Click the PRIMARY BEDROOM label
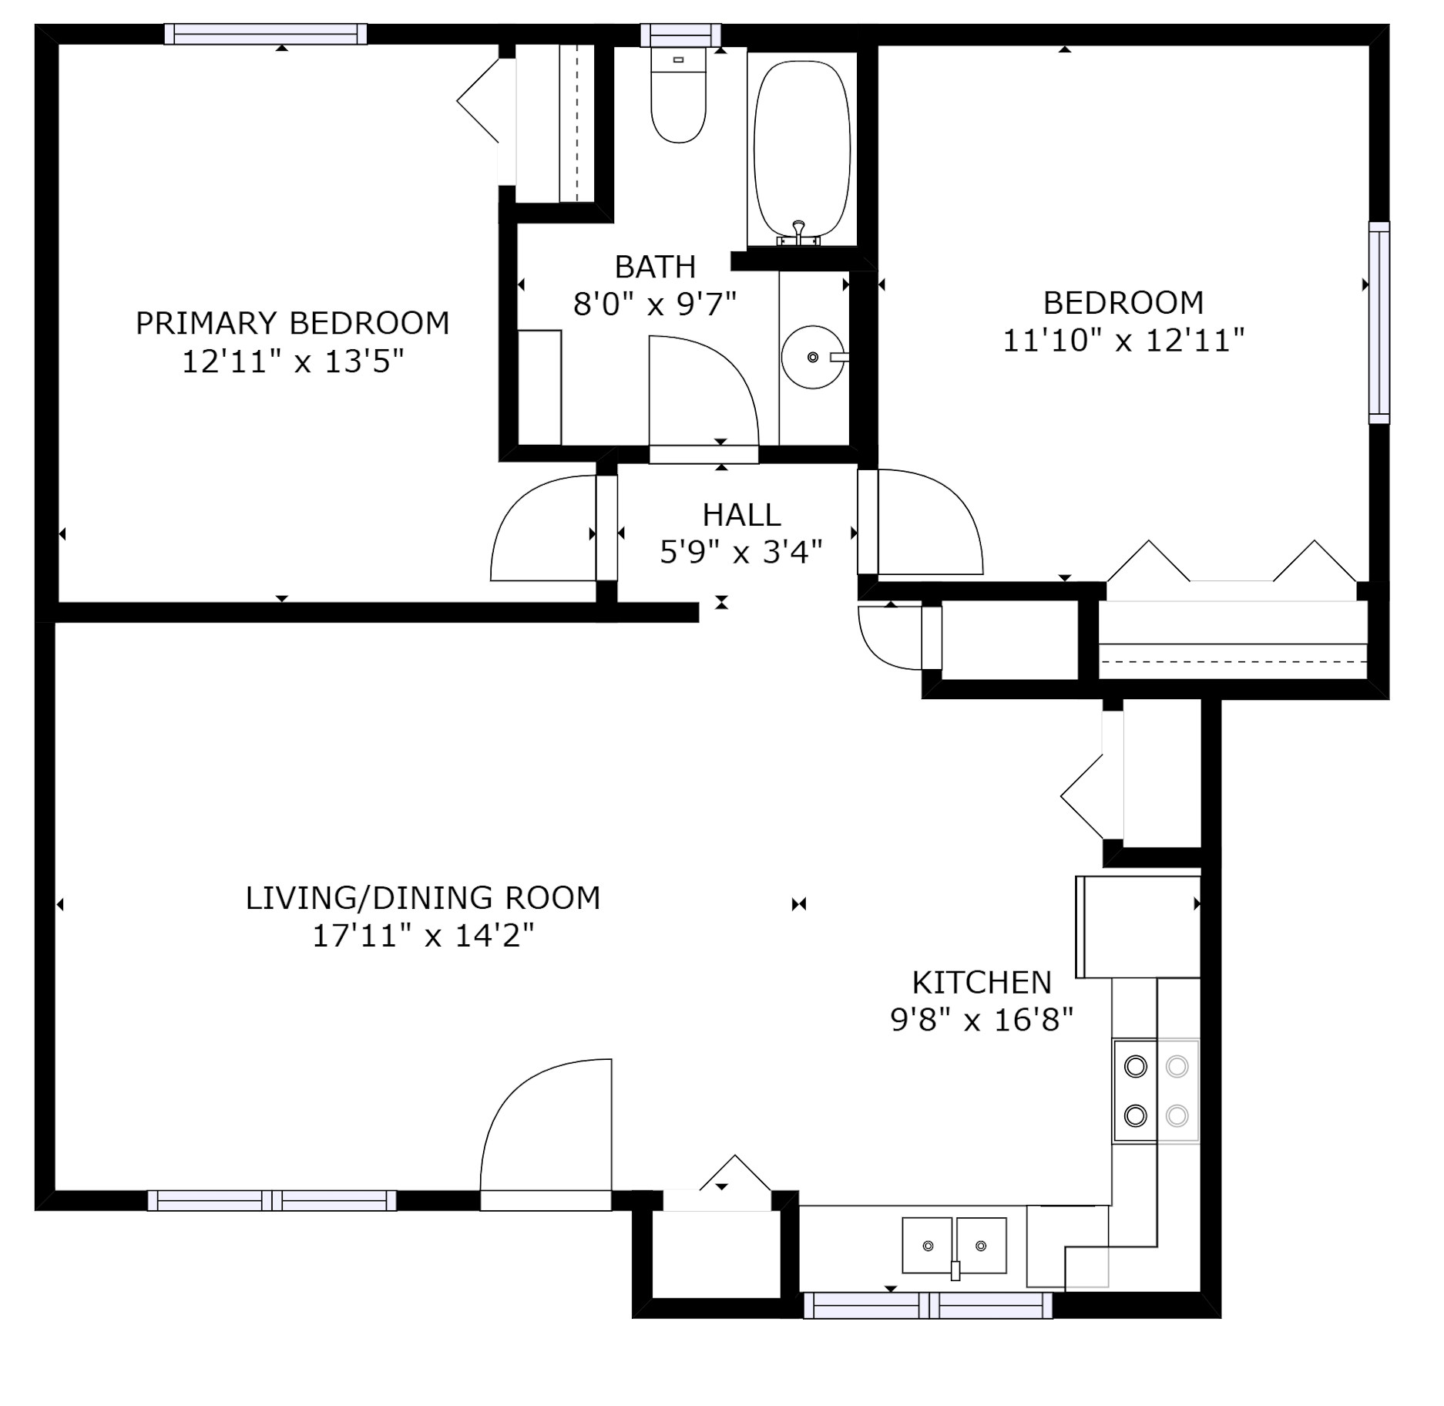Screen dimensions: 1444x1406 tap(292, 323)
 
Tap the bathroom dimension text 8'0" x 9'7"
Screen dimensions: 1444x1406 tap(655, 304)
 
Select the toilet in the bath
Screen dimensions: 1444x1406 tap(678, 96)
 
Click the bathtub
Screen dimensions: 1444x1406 tap(802, 150)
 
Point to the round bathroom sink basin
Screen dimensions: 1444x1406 tap(813, 357)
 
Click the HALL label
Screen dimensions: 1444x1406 tap(741, 514)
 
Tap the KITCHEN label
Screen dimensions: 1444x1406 tap(982, 983)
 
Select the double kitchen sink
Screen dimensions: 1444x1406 tap(955, 1246)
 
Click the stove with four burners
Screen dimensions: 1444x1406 tap(1156, 1090)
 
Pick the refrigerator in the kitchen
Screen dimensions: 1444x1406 tap(1138, 927)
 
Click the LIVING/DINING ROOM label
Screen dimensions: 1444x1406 tap(423, 898)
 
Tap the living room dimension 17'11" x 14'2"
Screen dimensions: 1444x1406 tap(423, 936)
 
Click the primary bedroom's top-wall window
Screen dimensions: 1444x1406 tap(266, 34)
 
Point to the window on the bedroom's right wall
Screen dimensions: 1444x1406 tap(1379, 323)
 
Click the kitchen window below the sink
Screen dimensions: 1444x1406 tap(928, 1306)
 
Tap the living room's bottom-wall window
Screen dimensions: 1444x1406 tap(272, 1200)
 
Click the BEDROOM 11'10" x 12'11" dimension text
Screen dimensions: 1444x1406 tap(1123, 340)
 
